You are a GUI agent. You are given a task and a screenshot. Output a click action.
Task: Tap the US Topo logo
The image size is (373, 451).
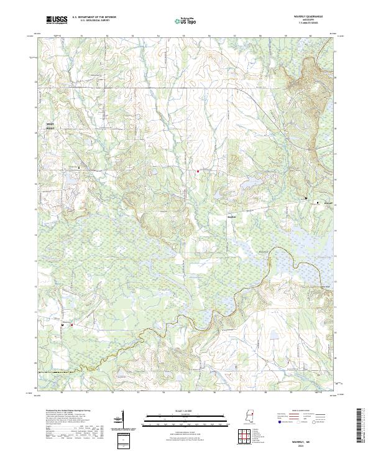(x=186, y=20)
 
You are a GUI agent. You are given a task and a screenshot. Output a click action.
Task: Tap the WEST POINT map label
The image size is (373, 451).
(x=50, y=126)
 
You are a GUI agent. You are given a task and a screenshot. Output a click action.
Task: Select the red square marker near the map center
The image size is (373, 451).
(x=198, y=171)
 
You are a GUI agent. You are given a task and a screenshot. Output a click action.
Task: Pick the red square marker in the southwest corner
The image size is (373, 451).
(x=71, y=325)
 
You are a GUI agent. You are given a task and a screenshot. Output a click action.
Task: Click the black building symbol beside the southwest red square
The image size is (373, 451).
(x=63, y=325)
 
